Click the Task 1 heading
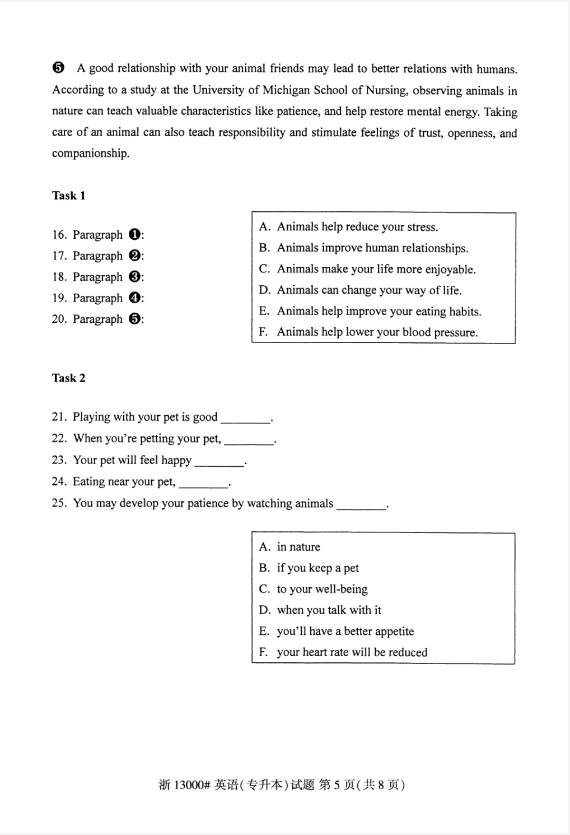point(68,196)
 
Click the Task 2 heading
point(68,378)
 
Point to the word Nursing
point(386,90)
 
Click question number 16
point(59,235)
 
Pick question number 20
point(59,319)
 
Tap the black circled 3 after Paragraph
point(134,277)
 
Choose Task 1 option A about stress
point(357,227)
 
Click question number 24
point(59,482)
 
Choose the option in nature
point(298,547)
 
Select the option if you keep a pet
point(317,568)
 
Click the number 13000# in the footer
point(191,785)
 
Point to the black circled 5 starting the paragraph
point(58,68)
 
